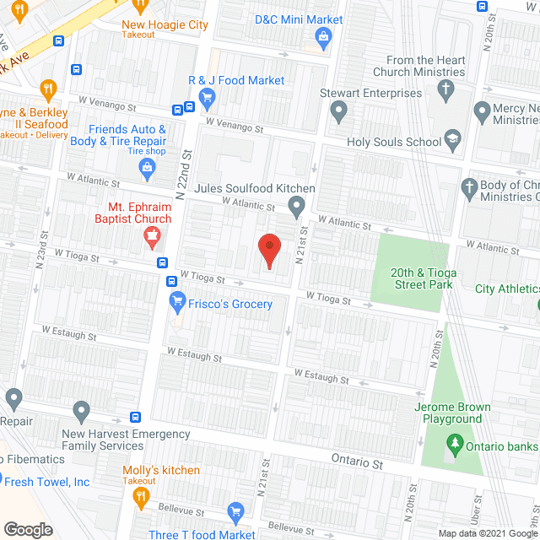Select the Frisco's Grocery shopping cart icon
[178, 300]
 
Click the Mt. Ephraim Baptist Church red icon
[153, 236]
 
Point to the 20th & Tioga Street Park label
[421, 278]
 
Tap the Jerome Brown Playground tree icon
[453, 443]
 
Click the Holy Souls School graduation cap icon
[453, 141]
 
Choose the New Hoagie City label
[165, 25]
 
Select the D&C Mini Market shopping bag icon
[322, 36]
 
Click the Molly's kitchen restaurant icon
[140, 499]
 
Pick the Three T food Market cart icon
[236, 512]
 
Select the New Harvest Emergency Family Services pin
[81, 412]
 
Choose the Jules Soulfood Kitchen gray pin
[296, 205]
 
